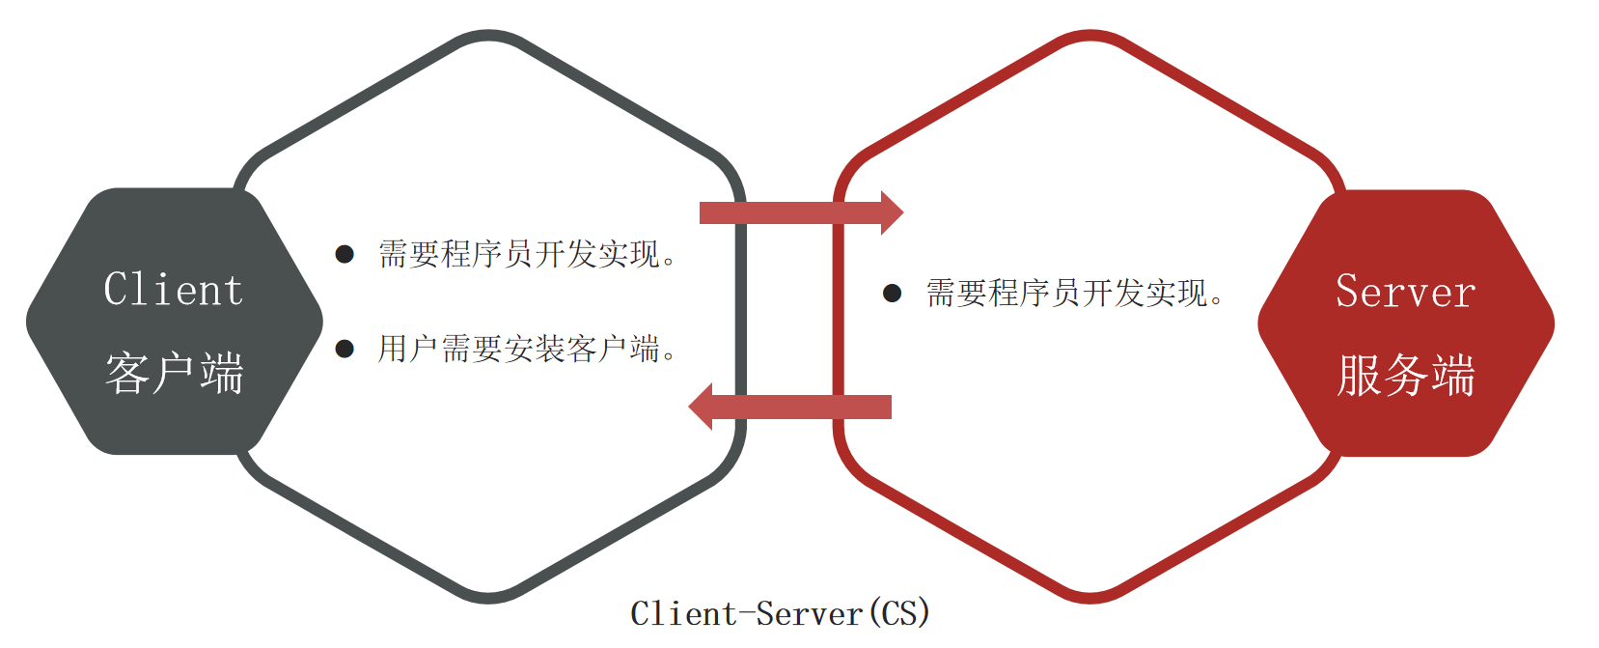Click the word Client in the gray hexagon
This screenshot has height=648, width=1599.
pos(174,290)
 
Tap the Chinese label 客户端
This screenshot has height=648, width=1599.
pos(174,373)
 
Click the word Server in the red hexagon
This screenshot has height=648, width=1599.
pos(1405,292)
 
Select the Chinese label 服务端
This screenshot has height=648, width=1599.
pos(1405,375)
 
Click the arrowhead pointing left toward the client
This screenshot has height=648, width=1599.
pos(702,407)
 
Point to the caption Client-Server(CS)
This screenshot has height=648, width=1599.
pos(780,613)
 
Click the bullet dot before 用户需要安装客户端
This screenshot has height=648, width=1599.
pos(345,349)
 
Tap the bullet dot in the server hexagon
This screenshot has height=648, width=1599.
pos(893,293)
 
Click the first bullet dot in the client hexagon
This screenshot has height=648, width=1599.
pos(345,254)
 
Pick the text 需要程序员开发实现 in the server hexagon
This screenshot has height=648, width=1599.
pos(1072,293)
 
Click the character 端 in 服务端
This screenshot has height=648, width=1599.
pos(1453,375)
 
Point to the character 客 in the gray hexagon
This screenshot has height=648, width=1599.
pos(127,373)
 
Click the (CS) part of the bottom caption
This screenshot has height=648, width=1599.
pos(898,613)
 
